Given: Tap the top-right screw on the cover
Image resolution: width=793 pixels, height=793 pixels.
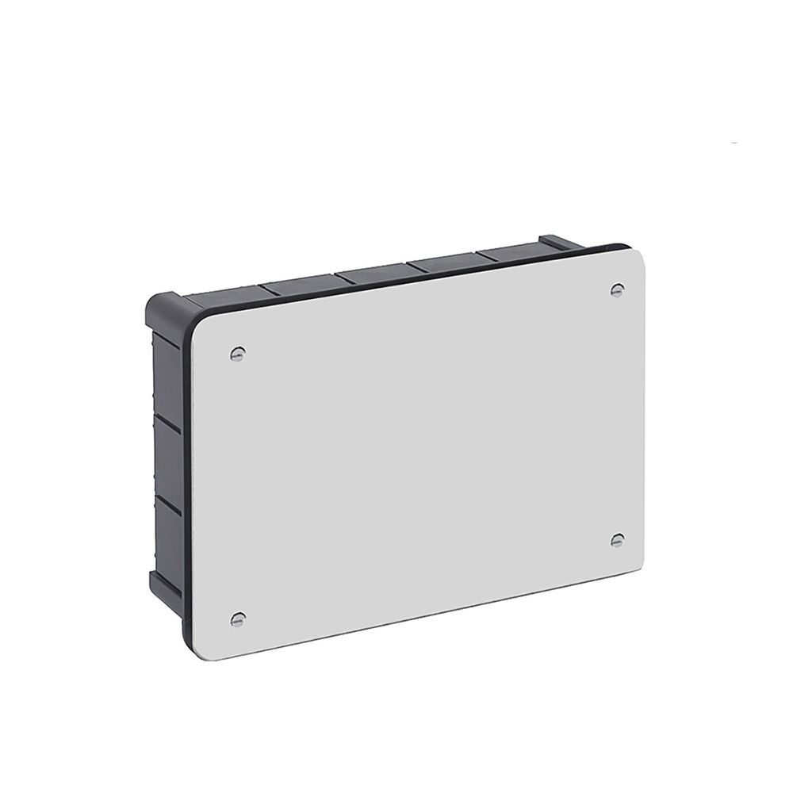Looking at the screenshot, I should (x=617, y=290).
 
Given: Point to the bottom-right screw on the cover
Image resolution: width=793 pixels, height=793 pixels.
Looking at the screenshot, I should (x=617, y=540).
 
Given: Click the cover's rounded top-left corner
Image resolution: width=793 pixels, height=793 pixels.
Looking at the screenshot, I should (x=203, y=324).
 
